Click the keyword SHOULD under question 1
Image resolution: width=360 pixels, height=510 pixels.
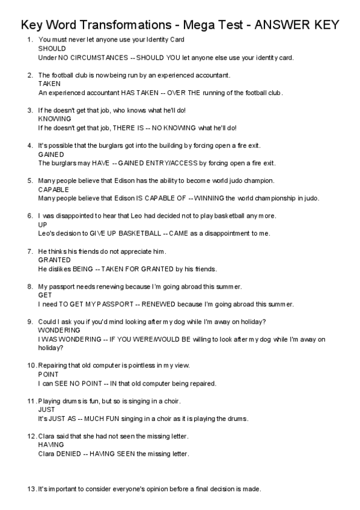(50, 48)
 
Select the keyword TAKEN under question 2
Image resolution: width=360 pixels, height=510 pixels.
(49, 84)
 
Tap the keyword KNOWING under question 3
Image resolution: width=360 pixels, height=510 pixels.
(54, 119)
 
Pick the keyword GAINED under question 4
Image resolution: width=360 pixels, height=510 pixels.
(50, 155)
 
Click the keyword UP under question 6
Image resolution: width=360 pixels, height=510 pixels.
(42, 225)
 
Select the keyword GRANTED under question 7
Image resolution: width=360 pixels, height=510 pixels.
(54, 260)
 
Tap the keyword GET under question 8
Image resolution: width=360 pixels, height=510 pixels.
(45, 295)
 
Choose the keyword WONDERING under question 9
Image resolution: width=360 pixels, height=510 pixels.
(59, 331)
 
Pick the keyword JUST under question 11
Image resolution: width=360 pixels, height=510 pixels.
(46, 410)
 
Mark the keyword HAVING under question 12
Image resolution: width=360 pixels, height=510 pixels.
(50, 445)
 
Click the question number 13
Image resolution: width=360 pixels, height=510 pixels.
(31, 489)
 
